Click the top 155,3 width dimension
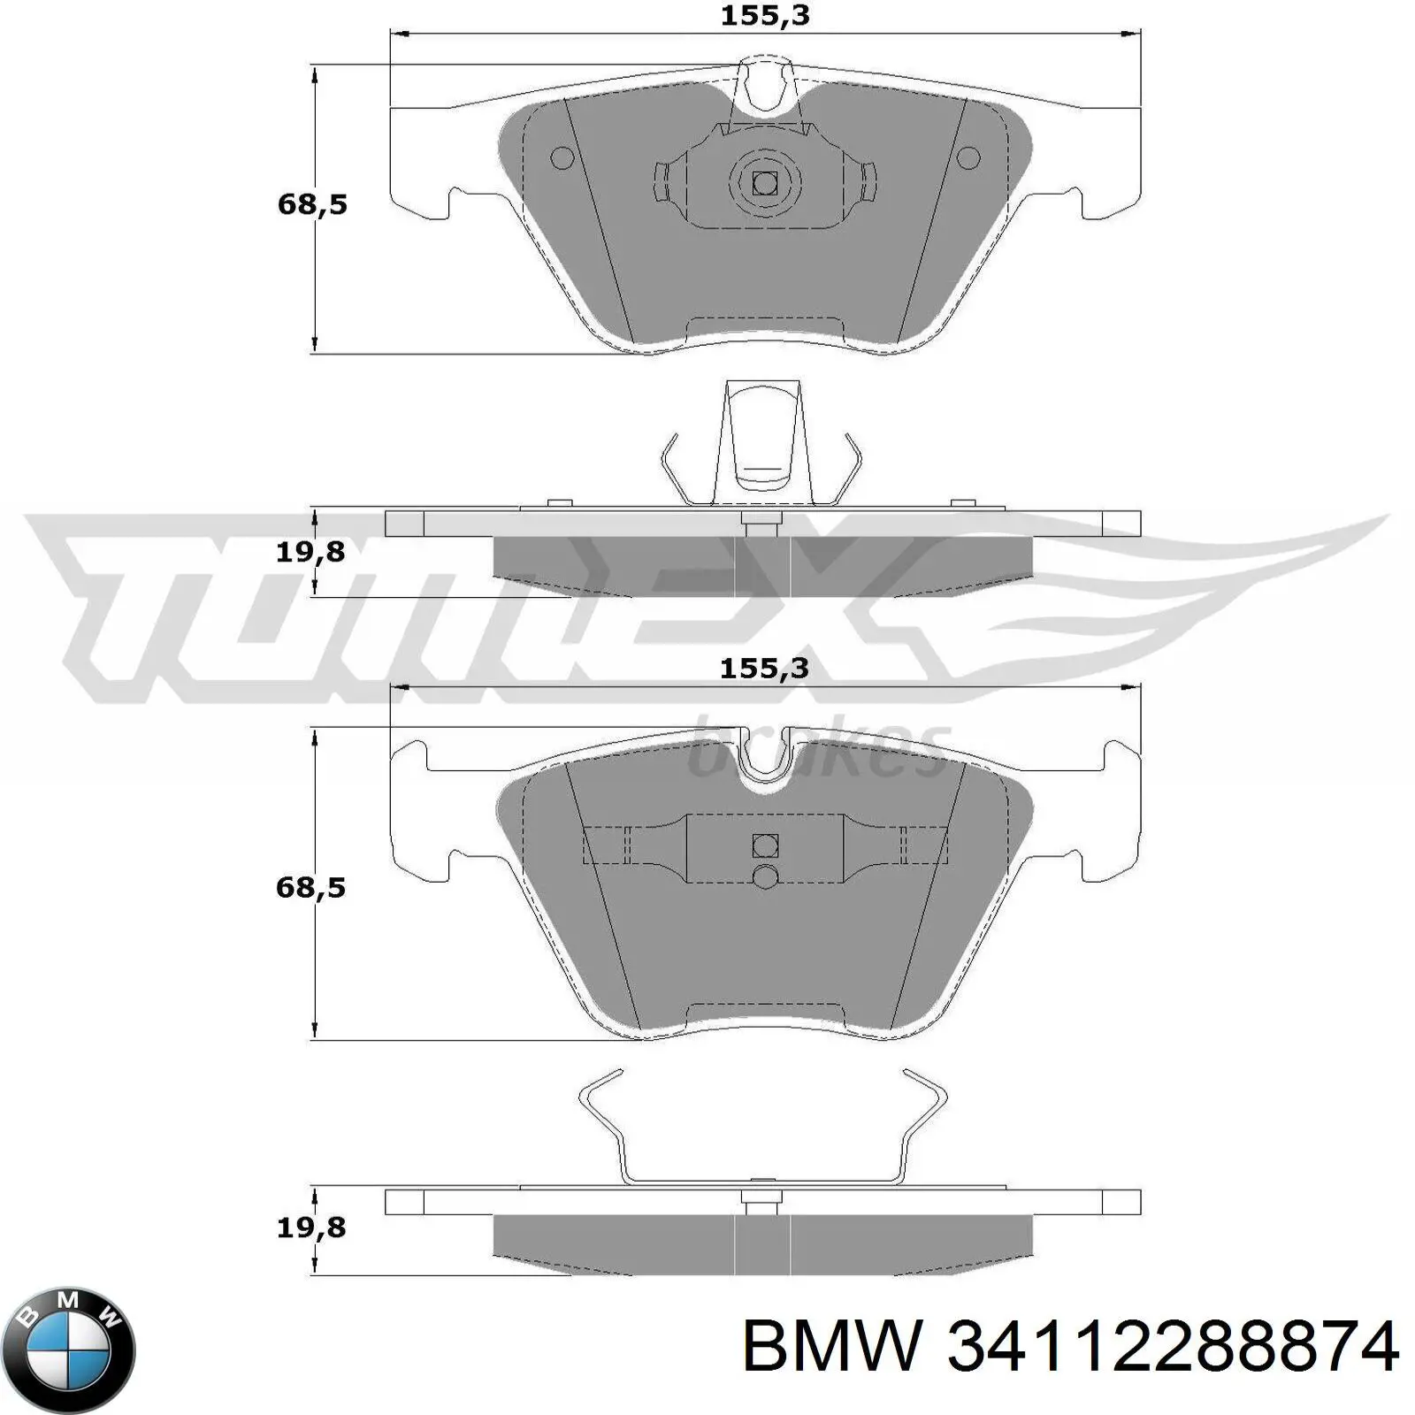point(765,16)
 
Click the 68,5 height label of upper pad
point(312,205)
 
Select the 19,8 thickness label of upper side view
point(310,553)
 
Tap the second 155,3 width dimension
point(765,669)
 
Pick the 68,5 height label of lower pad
point(310,887)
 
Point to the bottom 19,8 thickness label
point(310,1228)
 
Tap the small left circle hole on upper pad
point(562,158)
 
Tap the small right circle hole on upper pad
point(969,158)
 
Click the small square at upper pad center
point(764,183)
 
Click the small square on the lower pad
point(765,845)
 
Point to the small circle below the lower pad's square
point(765,876)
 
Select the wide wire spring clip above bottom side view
point(762,1132)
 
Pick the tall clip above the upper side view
point(762,442)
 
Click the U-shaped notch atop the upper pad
point(766,88)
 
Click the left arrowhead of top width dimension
point(399,34)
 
